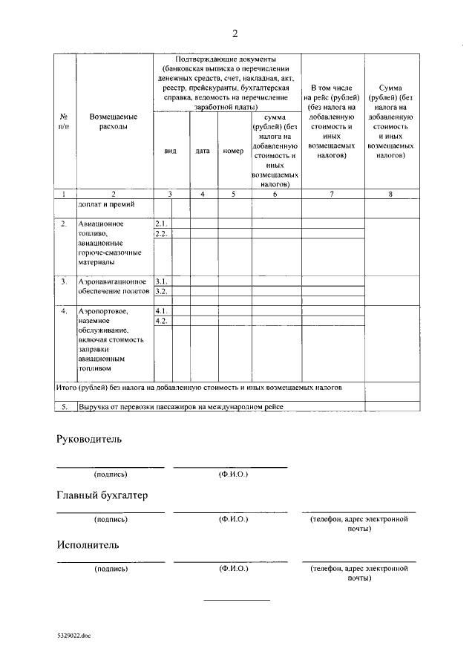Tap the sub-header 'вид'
pos(170,151)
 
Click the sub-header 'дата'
pos(203,151)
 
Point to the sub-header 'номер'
pos(233,151)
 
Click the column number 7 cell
pos(332,194)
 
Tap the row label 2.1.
pos(161,224)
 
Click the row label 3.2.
pos(161,291)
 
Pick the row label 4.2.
pos(161,321)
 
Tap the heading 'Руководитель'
pos(89,439)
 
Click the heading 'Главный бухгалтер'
pos(102,495)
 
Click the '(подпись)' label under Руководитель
pos(111,474)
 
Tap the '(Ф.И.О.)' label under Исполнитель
pos(233,569)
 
